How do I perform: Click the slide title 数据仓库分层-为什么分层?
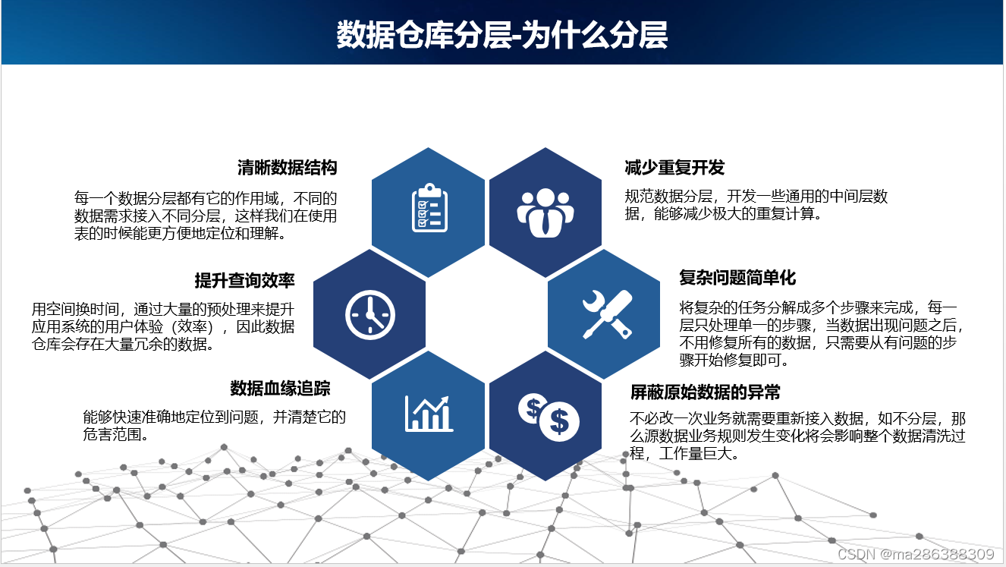[x=502, y=35]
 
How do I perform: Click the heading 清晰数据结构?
[x=287, y=168]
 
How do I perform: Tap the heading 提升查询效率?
[x=244, y=281]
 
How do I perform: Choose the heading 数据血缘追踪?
[x=280, y=389]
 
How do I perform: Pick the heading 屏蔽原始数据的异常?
[x=706, y=392]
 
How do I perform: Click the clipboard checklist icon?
[x=429, y=208]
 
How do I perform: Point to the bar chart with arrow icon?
[x=429, y=413]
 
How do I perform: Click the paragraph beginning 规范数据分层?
[x=756, y=205]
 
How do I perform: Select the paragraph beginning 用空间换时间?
[x=162, y=327]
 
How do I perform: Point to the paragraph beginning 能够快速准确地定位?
[x=214, y=426]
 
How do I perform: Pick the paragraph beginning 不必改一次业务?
[x=797, y=436]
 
